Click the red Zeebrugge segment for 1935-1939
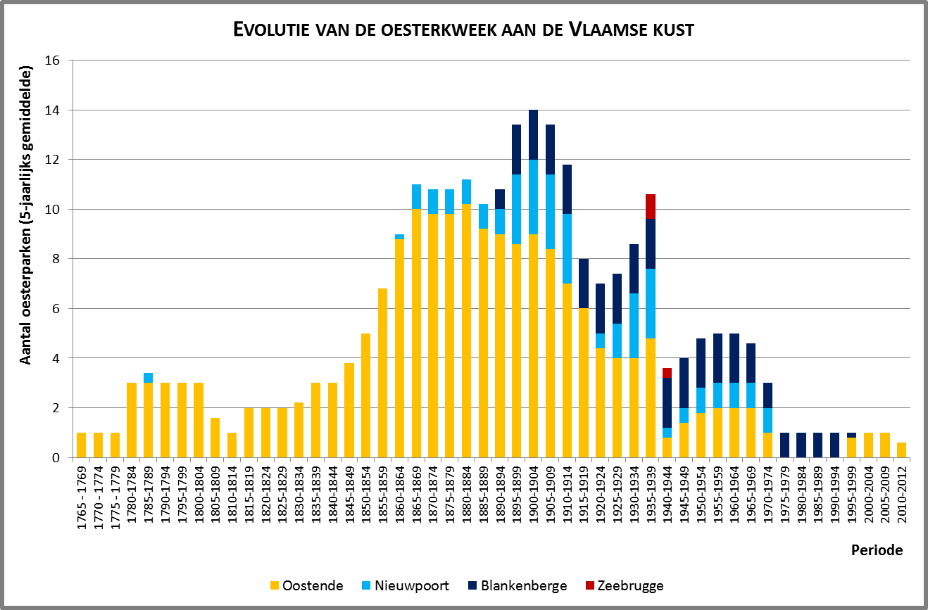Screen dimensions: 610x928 click(651, 206)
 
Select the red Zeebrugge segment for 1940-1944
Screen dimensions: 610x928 click(667, 373)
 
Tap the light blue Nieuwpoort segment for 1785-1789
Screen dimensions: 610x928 click(148, 378)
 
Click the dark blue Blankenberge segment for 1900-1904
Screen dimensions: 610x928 click(534, 135)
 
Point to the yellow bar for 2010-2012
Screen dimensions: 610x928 click(902, 450)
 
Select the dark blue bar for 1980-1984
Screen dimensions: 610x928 click(801, 445)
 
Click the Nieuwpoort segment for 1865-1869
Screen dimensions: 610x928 click(417, 197)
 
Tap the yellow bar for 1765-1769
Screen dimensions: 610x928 click(81, 445)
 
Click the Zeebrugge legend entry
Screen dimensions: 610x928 click(623, 585)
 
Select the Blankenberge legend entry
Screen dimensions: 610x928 click(517, 585)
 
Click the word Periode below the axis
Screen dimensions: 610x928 click(875, 550)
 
